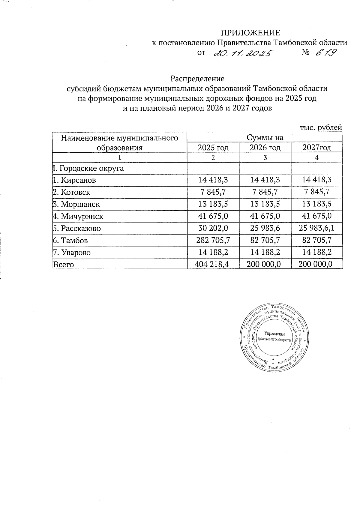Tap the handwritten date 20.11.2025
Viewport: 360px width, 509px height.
243,53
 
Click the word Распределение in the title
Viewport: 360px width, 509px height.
197,79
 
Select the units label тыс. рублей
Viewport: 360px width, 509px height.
321,127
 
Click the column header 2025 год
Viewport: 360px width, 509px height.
213,148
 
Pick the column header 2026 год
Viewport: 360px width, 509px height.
265,148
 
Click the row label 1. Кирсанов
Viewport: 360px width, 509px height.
74,180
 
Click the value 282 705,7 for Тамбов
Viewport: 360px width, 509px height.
213,240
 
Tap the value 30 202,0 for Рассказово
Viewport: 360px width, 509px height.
213,228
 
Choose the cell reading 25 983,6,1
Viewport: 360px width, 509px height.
317,228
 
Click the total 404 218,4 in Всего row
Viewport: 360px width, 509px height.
213,264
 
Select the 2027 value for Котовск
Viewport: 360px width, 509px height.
317,192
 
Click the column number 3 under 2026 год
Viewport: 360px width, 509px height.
265,157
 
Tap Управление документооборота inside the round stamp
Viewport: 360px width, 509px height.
274,337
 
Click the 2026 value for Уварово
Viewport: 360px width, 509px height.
265,252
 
